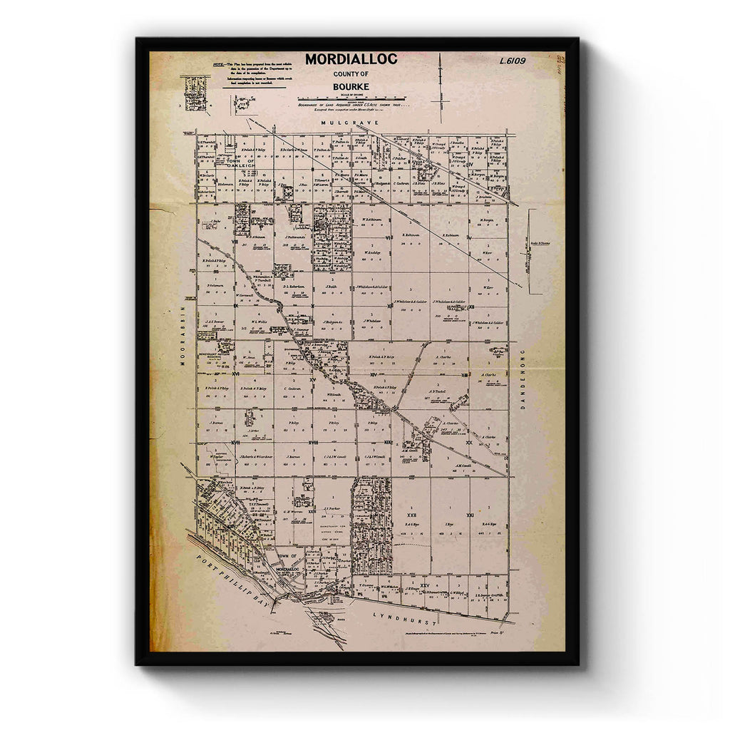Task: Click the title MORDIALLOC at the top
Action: (351, 59)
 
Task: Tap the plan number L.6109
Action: (513, 61)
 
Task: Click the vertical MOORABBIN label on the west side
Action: (182, 336)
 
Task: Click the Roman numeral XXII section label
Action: (411, 513)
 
